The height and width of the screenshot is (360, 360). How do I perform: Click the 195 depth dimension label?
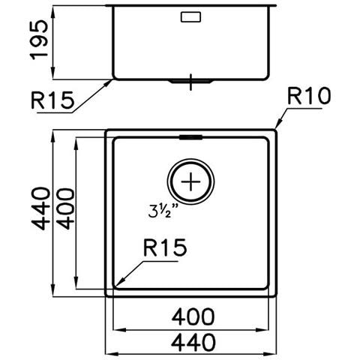[x=39, y=40]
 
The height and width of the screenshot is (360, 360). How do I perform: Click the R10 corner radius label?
[x=309, y=96]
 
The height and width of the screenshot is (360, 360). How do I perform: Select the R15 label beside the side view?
[x=52, y=100]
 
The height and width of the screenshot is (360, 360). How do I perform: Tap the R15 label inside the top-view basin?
[x=165, y=247]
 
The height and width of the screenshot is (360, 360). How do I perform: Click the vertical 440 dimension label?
[x=40, y=208]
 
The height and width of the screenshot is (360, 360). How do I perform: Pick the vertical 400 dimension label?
[x=65, y=208]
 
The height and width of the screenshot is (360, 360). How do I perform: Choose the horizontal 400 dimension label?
[x=193, y=317]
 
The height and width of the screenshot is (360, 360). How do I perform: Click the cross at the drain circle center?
[x=190, y=181]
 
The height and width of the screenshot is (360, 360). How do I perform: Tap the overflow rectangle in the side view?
[x=190, y=17]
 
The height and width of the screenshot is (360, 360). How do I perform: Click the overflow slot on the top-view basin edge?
[x=190, y=137]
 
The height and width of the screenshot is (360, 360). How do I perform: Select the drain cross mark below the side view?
[x=190, y=82]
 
